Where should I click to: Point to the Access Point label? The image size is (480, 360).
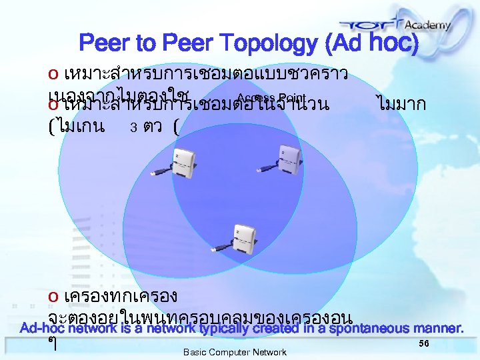click(x=270, y=98)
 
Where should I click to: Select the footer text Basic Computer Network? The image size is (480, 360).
click(x=234, y=352)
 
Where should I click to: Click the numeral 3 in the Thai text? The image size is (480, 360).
click(x=133, y=127)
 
